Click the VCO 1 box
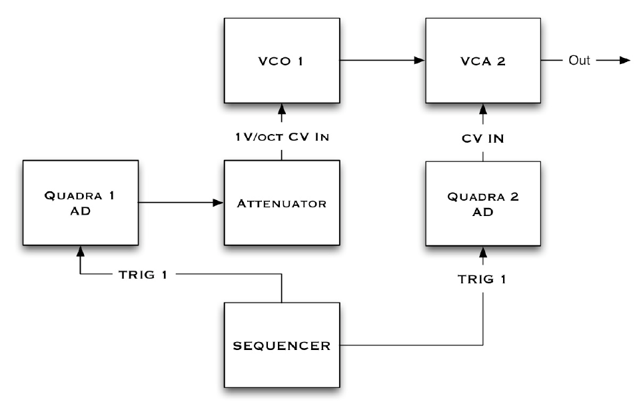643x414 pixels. [x=282, y=61]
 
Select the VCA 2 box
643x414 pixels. [x=483, y=61]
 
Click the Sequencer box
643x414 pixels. [x=282, y=346]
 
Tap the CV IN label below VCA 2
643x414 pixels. [x=483, y=139]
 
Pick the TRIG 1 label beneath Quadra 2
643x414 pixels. [x=483, y=279]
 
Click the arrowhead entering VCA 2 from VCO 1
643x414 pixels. [x=420, y=61]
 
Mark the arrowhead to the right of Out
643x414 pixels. [x=624, y=61]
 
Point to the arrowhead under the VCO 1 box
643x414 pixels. [x=282, y=108]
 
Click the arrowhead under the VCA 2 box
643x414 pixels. [x=483, y=108]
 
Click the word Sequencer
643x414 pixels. [x=282, y=346]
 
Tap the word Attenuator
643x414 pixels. [x=282, y=203]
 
